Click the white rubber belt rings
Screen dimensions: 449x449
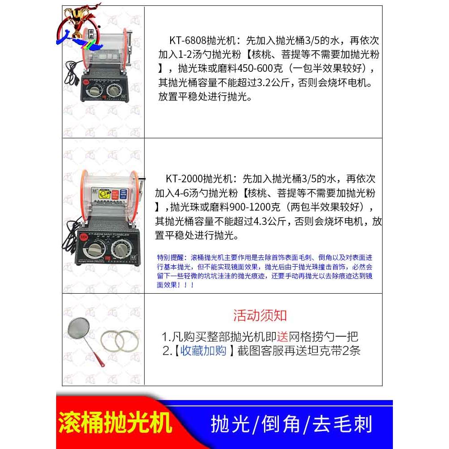[x=118, y=342]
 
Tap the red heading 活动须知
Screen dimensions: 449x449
[x=260, y=315]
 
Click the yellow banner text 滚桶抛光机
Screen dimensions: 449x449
[x=115, y=423]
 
